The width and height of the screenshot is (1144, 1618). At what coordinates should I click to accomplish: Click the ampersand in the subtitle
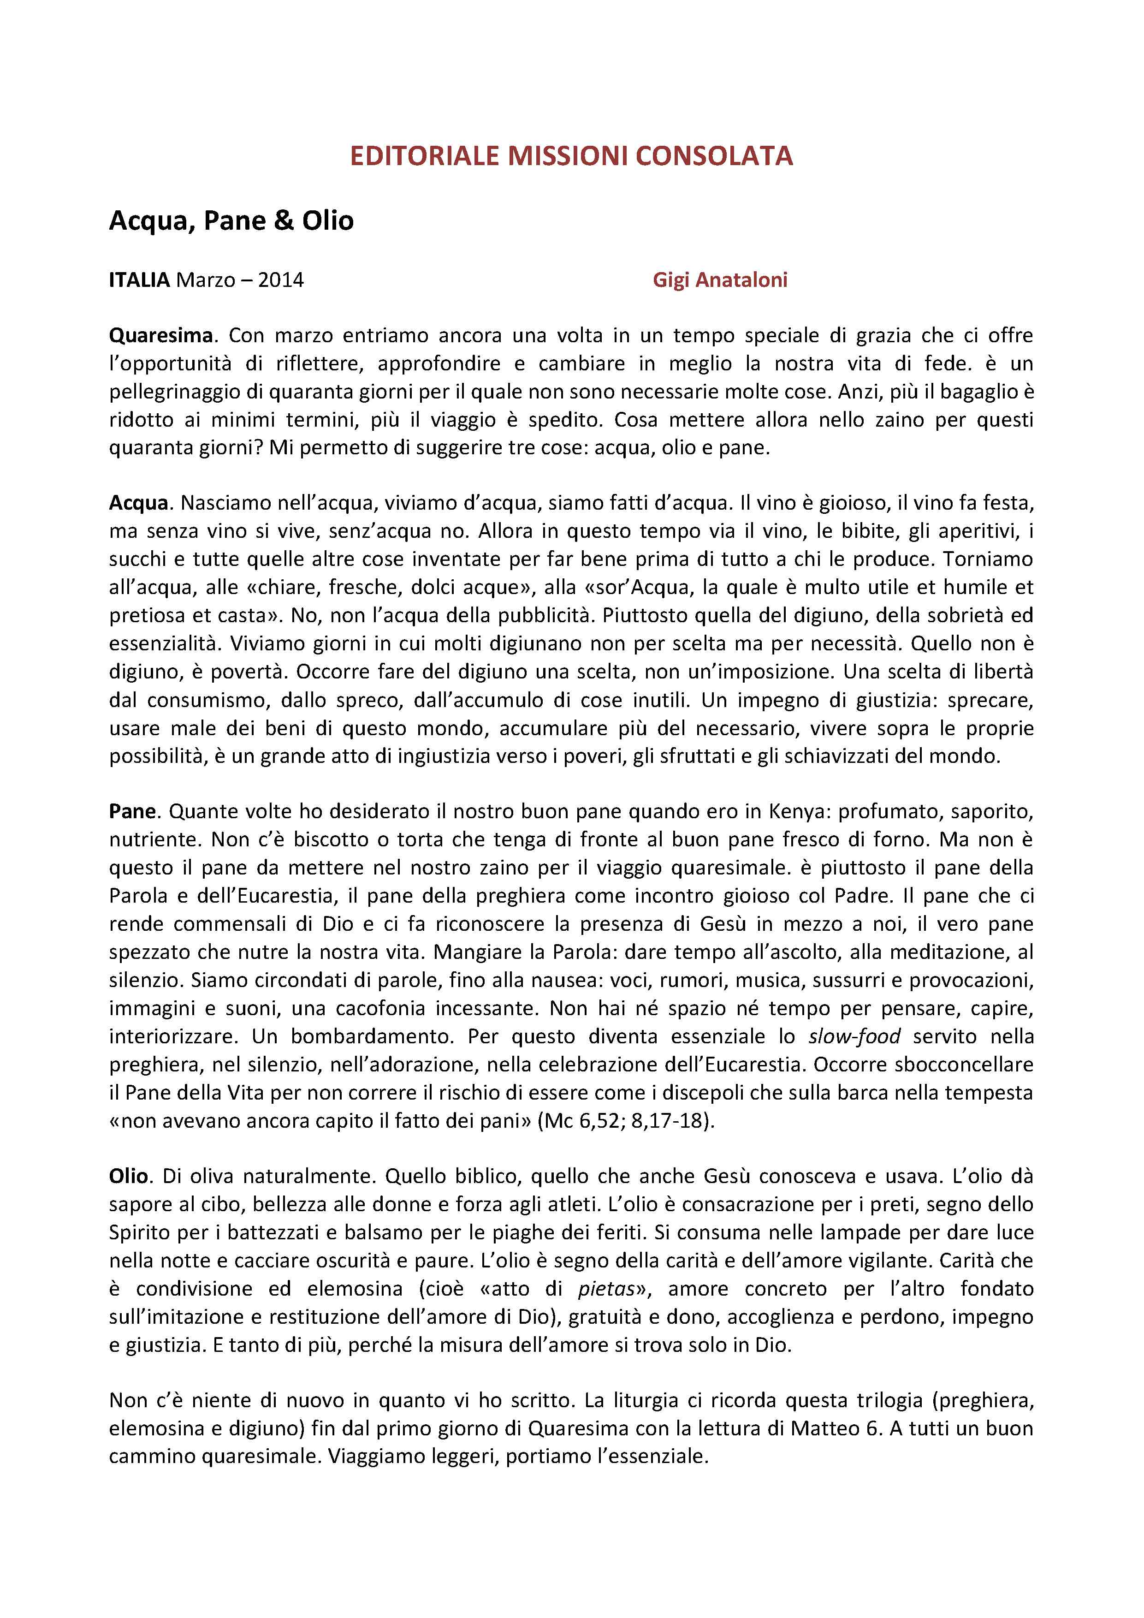(283, 220)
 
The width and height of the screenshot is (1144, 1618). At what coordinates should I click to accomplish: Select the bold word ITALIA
(139, 280)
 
